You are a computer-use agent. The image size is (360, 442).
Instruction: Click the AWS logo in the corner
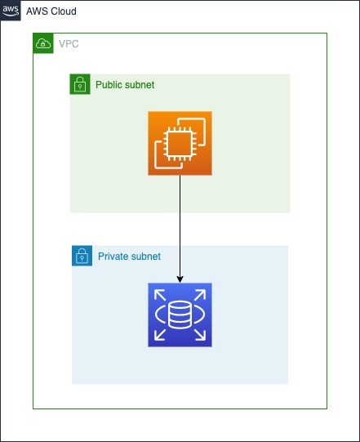pyautogui.click(x=11, y=11)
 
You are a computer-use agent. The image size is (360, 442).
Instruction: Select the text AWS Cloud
pyautogui.click(x=51, y=11)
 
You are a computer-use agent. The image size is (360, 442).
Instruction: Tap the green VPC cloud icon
pyautogui.click(x=43, y=43)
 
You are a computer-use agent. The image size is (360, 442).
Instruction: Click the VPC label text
pyautogui.click(x=69, y=44)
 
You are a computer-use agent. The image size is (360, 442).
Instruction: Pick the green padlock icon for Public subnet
pyautogui.click(x=80, y=84)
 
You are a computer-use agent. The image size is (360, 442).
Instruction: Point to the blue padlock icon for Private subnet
pyautogui.click(x=82, y=256)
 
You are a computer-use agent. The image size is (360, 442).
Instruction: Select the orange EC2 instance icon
pyautogui.click(x=180, y=143)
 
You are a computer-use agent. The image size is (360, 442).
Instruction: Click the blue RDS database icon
pyautogui.click(x=180, y=315)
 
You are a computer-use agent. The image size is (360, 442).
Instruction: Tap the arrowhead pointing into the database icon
pyautogui.click(x=180, y=279)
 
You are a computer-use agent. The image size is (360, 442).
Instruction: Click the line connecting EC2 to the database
pyautogui.click(x=180, y=229)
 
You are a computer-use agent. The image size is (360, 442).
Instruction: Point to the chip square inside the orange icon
pyautogui.click(x=179, y=144)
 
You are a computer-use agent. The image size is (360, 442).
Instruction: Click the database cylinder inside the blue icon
pyautogui.click(x=180, y=315)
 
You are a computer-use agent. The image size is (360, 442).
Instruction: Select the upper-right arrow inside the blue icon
pyautogui.click(x=200, y=295)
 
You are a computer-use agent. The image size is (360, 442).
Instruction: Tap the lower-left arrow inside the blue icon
pyautogui.click(x=160, y=335)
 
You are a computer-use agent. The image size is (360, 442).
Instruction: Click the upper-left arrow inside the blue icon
pyautogui.click(x=160, y=295)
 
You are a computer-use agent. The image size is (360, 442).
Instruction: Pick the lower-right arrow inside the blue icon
pyautogui.click(x=200, y=335)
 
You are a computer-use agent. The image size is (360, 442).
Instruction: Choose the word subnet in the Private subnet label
pyautogui.click(x=146, y=257)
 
